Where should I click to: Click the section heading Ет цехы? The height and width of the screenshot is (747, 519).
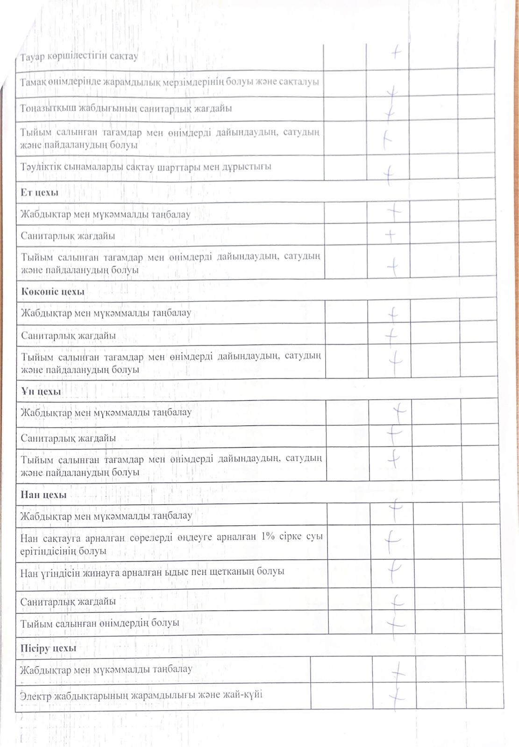click(x=39, y=192)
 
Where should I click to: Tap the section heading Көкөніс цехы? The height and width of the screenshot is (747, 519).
click(x=53, y=292)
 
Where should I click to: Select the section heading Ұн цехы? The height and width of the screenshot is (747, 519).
click(x=41, y=392)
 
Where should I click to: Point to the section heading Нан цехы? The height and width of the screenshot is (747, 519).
click(x=43, y=495)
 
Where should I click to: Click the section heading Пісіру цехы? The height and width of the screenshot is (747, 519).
click(x=48, y=648)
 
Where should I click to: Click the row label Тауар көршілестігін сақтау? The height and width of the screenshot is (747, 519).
click(x=79, y=56)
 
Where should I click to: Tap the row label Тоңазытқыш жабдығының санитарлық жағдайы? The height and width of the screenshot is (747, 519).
click(x=126, y=108)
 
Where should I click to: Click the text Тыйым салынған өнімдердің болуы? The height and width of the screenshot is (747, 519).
click(x=100, y=623)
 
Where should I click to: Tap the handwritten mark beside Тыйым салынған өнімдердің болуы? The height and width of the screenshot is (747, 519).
click(x=396, y=622)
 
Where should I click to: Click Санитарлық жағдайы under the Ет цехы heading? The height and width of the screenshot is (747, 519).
click(x=68, y=236)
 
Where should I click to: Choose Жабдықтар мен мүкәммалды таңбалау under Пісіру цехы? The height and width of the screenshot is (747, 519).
click(x=106, y=669)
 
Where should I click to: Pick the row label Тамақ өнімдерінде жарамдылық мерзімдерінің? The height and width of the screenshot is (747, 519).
click(x=170, y=82)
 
